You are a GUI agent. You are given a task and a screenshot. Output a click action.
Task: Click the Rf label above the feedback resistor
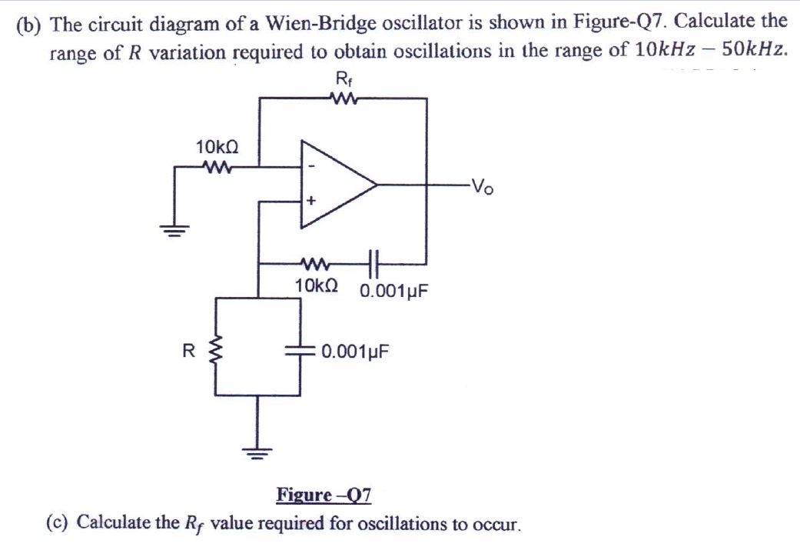point(343,78)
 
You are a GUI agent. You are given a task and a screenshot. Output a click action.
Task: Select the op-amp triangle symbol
point(334,185)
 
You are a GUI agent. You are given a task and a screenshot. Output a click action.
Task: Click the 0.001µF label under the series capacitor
point(393,292)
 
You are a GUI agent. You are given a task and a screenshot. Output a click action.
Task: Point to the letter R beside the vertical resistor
point(187,352)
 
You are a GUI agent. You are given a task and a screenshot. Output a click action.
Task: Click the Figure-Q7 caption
point(324,494)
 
